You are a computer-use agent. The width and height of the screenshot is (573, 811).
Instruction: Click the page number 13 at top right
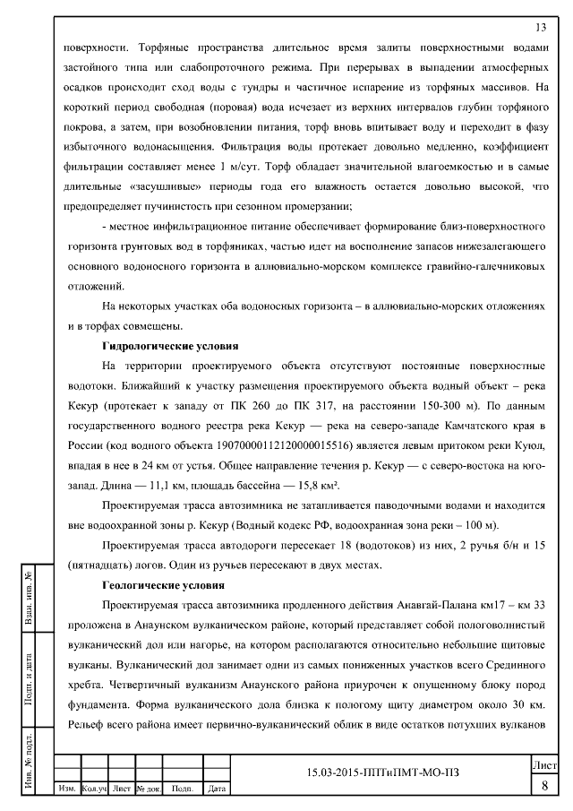coord(541,26)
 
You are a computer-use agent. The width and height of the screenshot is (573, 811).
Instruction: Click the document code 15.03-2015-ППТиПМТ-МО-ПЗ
coord(387,772)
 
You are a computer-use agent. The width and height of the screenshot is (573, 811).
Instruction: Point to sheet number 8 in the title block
coord(544,786)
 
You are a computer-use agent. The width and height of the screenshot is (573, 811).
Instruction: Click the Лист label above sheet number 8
coord(544,766)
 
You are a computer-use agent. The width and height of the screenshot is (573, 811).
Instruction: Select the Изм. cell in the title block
coord(66,789)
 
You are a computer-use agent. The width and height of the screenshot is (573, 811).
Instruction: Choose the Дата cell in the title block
coord(215,789)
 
